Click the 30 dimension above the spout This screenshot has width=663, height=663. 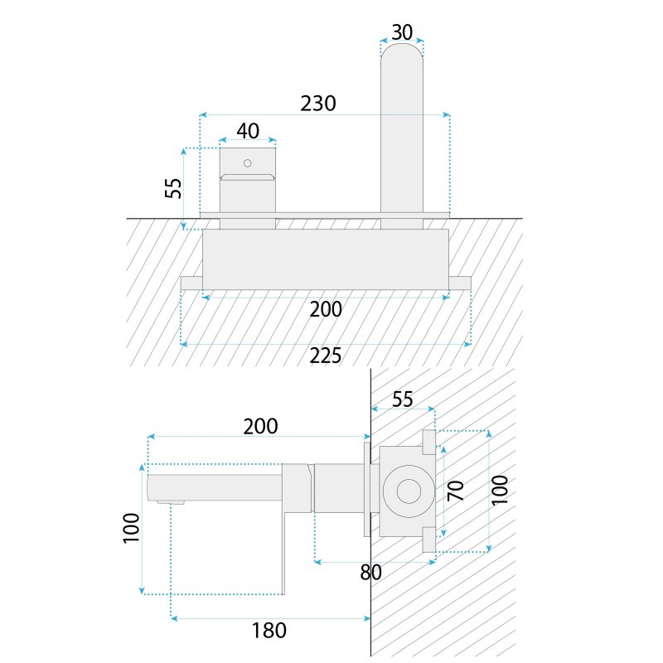402,32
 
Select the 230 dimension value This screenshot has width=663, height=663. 318,104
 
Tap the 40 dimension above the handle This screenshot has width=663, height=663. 248,131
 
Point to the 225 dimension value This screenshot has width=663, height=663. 325,356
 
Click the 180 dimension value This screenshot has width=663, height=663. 269,631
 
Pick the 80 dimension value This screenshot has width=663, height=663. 370,572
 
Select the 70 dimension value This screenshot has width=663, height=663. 456,491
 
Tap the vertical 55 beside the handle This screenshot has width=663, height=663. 173,188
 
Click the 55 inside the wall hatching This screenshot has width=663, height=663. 402,399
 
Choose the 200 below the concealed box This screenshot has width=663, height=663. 326,309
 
